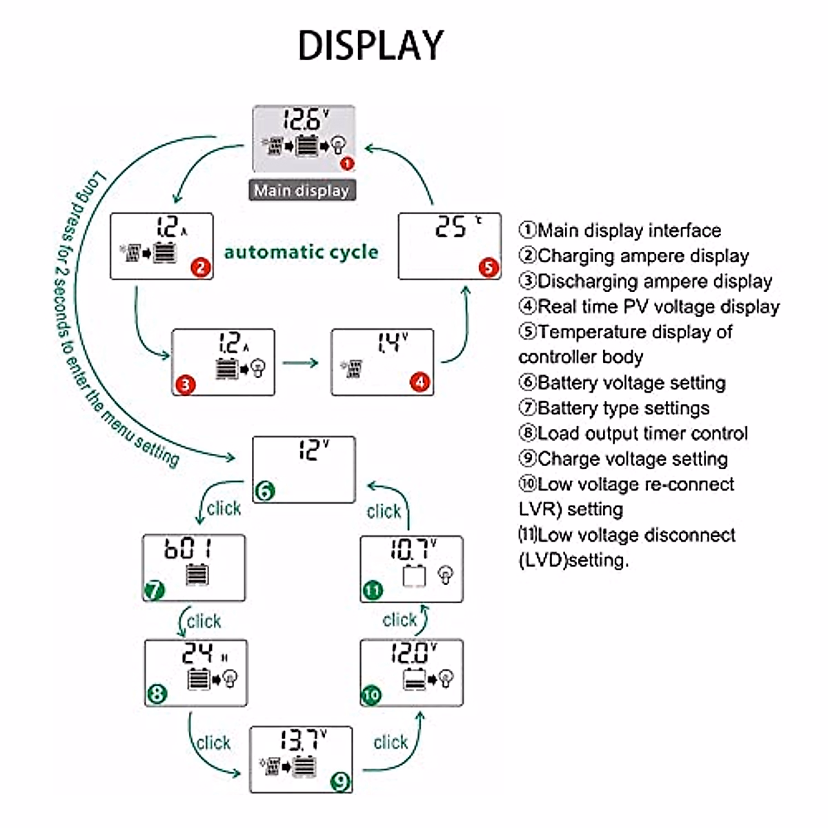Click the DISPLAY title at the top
pos(371,46)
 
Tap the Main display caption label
pos(302,190)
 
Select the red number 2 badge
pos(201,267)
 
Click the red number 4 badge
pos(420,382)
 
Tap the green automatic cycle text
pos(301,252)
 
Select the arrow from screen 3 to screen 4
pos(301,363)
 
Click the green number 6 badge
pos(265,491)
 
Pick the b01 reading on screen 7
pos(188,549)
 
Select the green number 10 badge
pos(371,694)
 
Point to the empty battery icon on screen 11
pos(414,575)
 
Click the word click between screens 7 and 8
pos(204,622)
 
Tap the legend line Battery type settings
pos(614,408)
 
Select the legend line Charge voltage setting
pos(624,459)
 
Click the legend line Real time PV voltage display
pos(649,306)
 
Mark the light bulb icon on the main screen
pos(338,145)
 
